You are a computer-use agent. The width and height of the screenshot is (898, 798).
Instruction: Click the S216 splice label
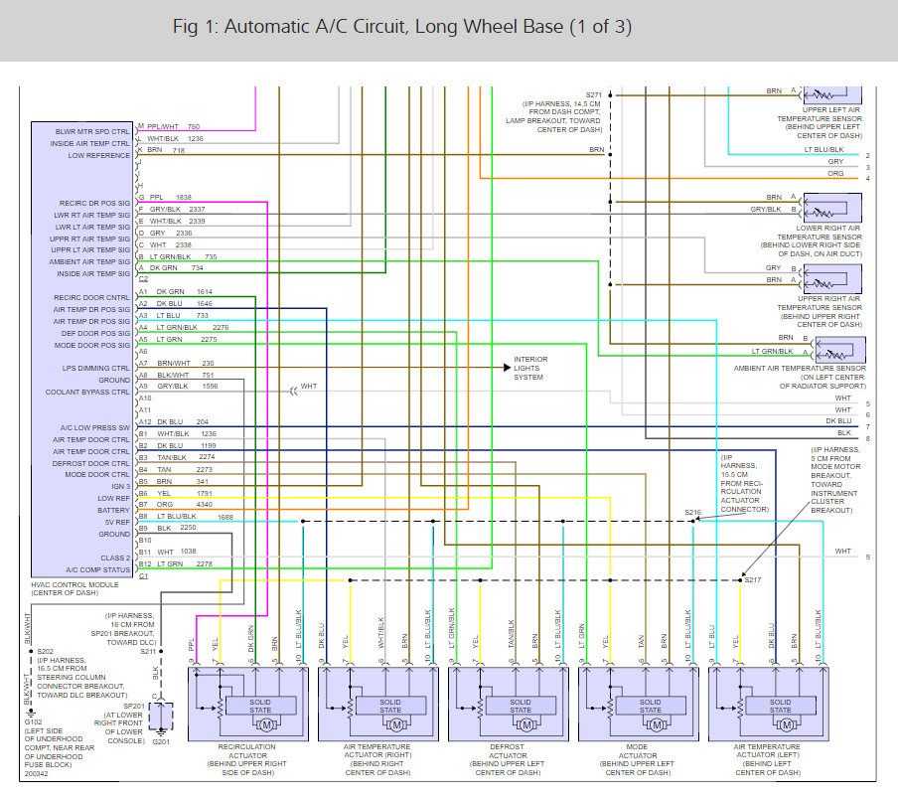click(692, 512)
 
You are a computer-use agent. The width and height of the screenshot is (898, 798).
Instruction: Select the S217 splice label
click(752, 579)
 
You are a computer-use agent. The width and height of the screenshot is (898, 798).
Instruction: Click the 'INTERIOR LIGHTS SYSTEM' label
click(529, 368)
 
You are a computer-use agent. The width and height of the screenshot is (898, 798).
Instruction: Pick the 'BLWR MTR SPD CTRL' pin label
click(92, 131)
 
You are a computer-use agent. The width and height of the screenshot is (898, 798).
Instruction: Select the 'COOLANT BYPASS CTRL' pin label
click(87, 392)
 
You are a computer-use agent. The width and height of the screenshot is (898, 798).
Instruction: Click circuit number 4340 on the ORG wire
click(204, 505)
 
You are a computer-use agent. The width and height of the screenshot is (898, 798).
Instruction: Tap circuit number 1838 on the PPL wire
click(184, 197)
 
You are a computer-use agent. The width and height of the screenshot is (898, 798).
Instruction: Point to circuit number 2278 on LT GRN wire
click(204, 564)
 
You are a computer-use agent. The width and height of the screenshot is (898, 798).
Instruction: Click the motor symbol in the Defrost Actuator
click(526, 724)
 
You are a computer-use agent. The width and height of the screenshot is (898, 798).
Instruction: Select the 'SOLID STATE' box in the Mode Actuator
click(651, 706)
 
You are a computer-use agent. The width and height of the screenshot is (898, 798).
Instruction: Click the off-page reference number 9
click(867, 558)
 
